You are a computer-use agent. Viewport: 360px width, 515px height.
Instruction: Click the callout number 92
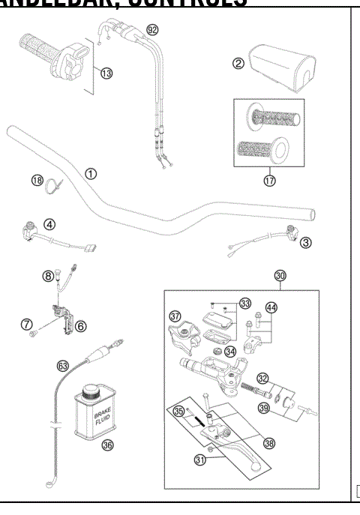pos(153,30)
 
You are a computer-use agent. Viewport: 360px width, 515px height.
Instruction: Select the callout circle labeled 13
pos(106,73)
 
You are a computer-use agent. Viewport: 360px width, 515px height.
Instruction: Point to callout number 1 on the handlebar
pos(90,173)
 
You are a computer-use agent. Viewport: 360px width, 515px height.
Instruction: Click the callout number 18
pos(36,179)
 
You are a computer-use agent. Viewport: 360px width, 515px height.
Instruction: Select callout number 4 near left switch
pos(48,223)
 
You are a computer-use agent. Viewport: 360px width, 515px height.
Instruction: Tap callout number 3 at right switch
pos(306,242)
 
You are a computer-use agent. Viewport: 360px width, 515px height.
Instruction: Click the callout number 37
pos(175,316)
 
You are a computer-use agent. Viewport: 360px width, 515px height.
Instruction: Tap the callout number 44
pos(271,307)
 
